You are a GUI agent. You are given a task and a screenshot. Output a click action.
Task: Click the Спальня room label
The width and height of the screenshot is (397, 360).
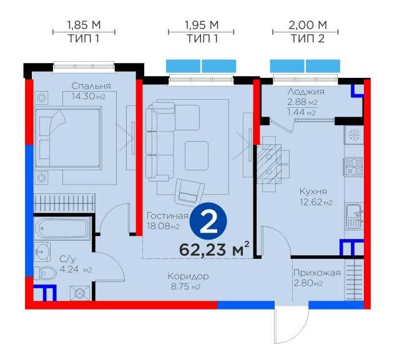pyautogui.click(x=91, y=86)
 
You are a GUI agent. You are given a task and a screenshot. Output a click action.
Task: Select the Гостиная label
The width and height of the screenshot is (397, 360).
pyautogui.click(x=168, y=216)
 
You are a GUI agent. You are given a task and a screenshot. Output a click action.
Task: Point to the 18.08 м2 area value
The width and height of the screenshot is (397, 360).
pyautogui.click(x=164, y=226)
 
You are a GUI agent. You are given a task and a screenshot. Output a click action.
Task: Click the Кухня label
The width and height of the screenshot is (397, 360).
pyautogui.click(x=313, y=192)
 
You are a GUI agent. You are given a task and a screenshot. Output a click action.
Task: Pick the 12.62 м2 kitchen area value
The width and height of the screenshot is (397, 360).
pyautogui.click(x=316, y=202)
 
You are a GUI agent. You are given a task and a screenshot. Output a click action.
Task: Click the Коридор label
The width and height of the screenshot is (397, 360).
pyautogui.click(x=188, y=276)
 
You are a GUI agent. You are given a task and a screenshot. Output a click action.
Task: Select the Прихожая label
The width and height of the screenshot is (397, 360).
pyautogui.click(x=316, y=273)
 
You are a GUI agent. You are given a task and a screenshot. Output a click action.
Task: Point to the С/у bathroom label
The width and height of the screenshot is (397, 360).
pyautogui.click(x=67, y=259)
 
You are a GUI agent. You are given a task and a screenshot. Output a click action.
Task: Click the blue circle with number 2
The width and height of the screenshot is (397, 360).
pyautogui.click(x=208, y=221)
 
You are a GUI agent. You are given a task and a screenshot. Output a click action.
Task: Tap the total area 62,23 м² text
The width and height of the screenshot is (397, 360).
pyautogui.click(x=214, y=249)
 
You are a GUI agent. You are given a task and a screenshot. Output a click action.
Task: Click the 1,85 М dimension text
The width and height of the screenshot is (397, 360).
pyautogui.click(x=84, y=25)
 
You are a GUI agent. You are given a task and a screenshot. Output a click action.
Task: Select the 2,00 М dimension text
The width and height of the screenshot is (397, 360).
pyautogui.click(x=308, y=25)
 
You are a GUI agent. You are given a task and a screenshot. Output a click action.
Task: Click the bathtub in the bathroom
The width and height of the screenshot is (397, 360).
pyautogui.click(x=62, y=228)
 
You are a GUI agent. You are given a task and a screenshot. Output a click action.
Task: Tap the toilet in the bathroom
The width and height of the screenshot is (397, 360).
pyautogui.click(x=46, y=273)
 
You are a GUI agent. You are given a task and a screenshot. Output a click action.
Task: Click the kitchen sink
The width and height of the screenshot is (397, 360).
pyautogui.click(x=355, y=216)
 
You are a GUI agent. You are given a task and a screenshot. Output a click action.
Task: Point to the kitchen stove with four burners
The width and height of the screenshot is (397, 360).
pyautogui.click(x=354, y=167)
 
